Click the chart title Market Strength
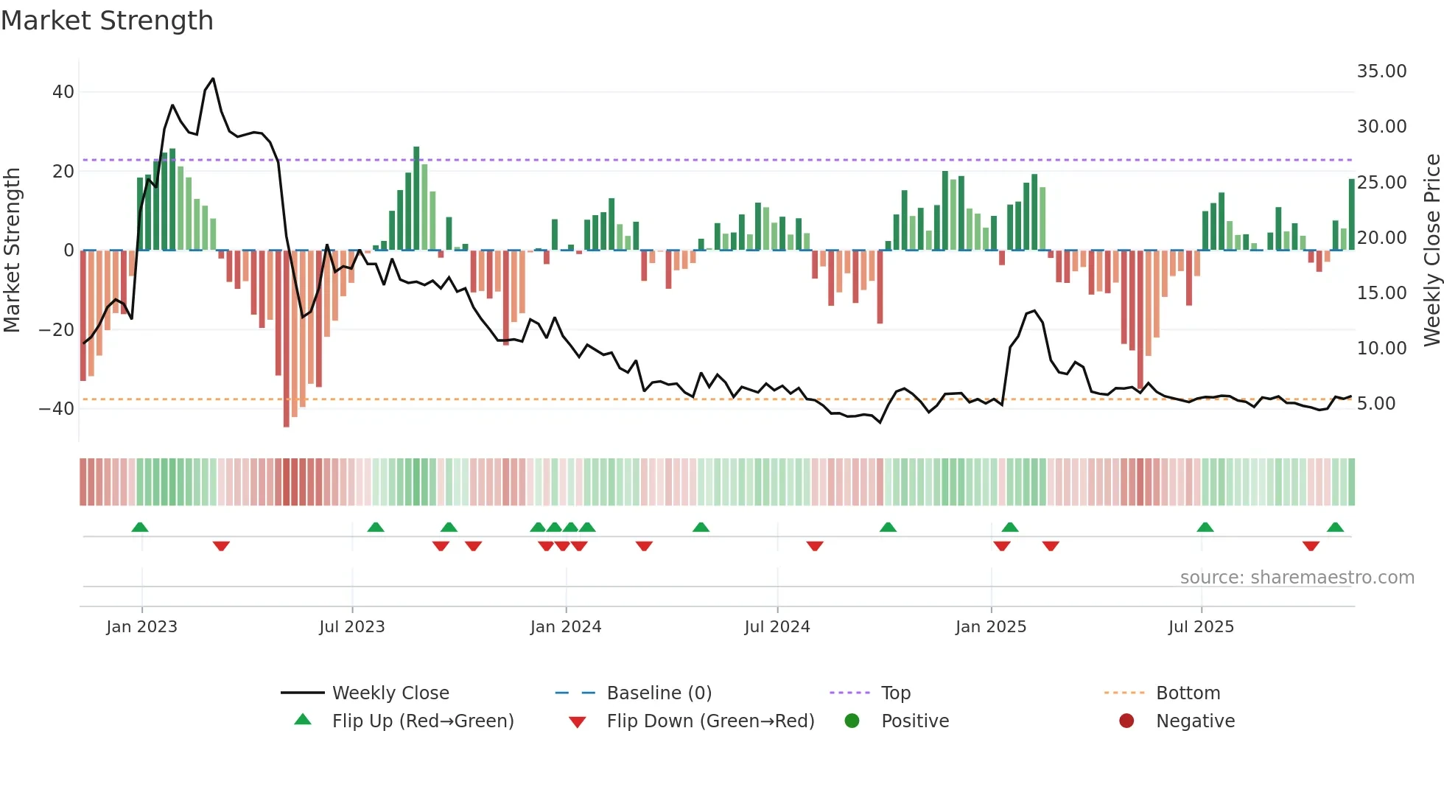tap(107, 21)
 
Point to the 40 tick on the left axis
tap(63, 92)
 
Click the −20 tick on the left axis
tap(57, 329)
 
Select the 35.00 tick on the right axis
tap(1381, 71)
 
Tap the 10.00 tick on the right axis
tap(1381, 348)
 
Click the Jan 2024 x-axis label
tap(565, 627)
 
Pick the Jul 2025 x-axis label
tap(1200, 627)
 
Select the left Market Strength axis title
tap(13, 251)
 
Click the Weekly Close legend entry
tap(390, 693)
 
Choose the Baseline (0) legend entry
tap(659, 693)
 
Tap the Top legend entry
tap(895, 693)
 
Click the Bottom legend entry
tap(1188, 693)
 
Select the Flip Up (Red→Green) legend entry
tap(422, 721)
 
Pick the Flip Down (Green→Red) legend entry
tap(710, 721)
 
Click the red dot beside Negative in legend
tap(1126, 721)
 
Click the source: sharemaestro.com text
tap(1297, 578)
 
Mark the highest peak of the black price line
tap(213, 78)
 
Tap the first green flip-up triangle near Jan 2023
tap(140, 527)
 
